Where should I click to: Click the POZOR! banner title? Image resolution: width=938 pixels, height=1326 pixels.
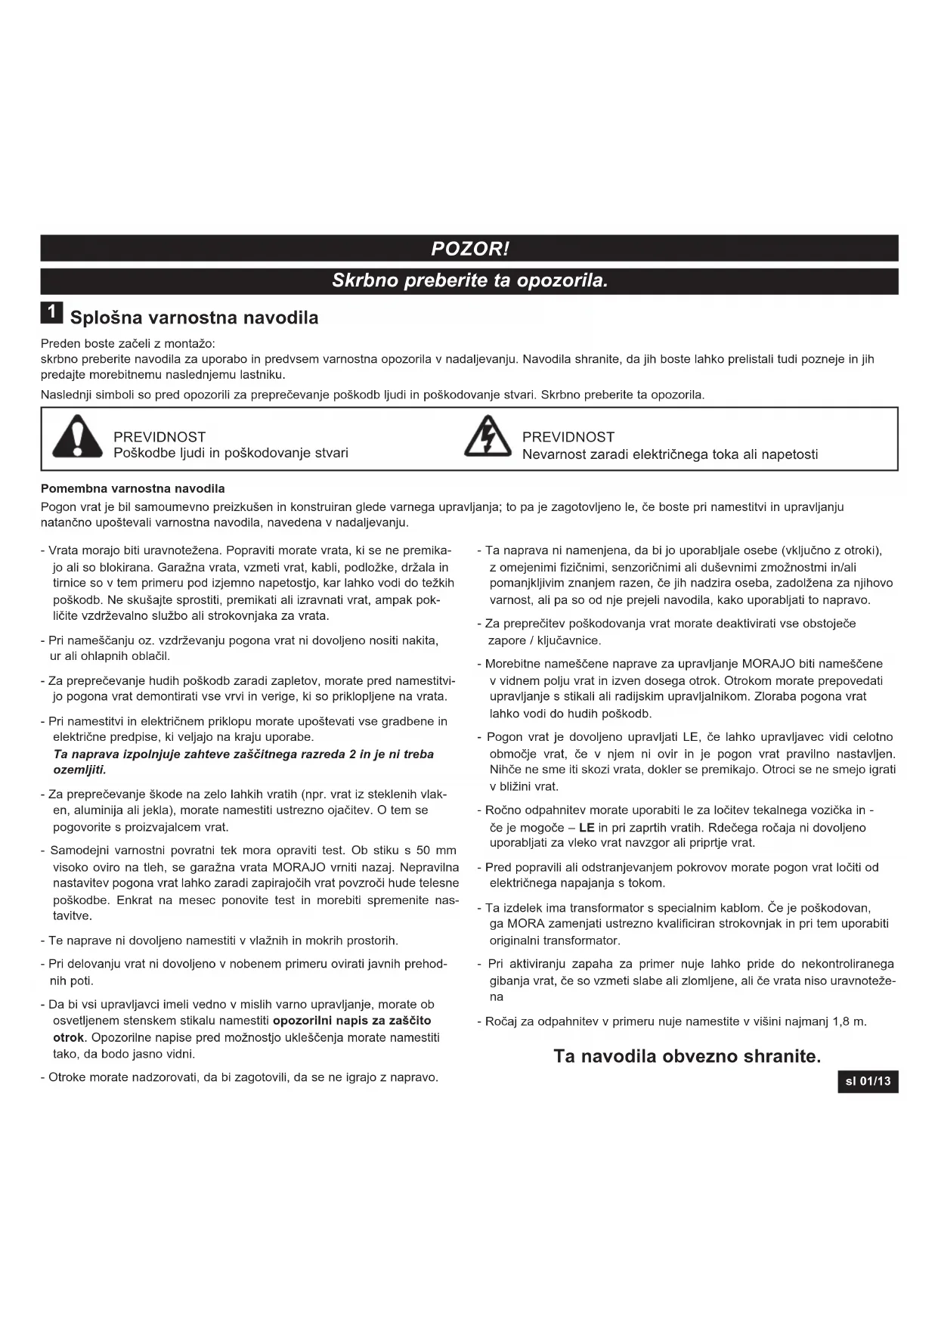469,249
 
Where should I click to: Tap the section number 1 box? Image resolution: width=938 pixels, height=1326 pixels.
51,312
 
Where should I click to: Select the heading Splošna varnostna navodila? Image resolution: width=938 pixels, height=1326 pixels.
194,318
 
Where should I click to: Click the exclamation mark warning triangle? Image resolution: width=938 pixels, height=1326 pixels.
77,437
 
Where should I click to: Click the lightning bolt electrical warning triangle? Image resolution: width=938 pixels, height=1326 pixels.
488,437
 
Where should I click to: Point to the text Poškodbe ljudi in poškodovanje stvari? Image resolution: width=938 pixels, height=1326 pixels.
231,454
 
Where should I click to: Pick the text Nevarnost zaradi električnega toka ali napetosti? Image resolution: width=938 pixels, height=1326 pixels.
670,454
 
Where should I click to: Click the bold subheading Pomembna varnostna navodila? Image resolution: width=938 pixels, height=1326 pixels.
132,488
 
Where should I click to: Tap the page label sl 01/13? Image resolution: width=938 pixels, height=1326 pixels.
868,1082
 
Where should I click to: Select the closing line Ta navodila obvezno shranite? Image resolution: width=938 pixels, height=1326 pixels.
686,1056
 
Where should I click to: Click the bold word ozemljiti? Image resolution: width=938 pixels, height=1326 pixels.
79,770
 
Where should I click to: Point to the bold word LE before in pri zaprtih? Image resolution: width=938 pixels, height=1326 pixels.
587,828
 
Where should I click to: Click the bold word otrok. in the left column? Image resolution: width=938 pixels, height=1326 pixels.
70,1037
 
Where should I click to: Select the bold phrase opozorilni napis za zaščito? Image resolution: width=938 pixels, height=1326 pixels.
351,1021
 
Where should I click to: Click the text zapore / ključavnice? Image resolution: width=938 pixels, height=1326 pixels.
544,641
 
